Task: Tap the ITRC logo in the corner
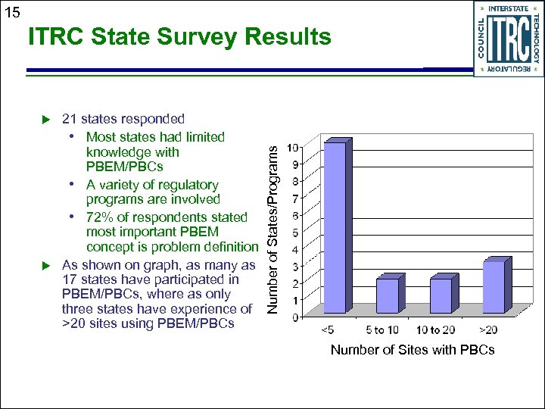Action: tap(508, 39)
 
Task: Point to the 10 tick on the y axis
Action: tap(301, 147)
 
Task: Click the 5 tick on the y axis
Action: tap(303, 232)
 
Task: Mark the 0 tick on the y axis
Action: tap(303, 317)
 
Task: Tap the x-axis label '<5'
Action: tap(329, 330)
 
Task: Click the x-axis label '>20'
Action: tap(489, 330)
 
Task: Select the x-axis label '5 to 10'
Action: tap(381, 330)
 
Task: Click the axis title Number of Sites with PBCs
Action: tap(412, 349)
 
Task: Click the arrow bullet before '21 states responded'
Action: tap(45, 119)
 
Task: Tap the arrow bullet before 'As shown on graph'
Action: tap(45, 265)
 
